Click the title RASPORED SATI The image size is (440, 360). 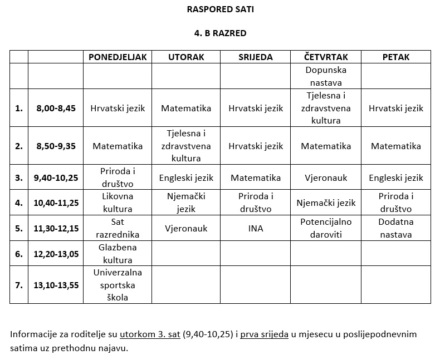click(x=220, y=9)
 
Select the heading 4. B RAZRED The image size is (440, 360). click(x=220, y=33)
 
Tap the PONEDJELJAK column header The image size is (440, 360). click(x=118, y=57)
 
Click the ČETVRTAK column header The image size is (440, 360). click(x=326, y=57)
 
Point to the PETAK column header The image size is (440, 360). click(x=396, y=57)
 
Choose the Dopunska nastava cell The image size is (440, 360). click(x=326, y=76)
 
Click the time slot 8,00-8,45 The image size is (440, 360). click(x=56, y=109)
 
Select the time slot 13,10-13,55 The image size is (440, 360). click(x=56, y=285)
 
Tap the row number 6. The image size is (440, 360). click(x=19, y=254)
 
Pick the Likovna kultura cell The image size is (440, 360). click(x=118, y=203)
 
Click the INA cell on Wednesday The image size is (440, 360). click(x=256, y=228)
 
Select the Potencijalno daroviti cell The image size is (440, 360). click(x=326, y=228)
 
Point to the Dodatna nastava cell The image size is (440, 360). click(x=396, y=228)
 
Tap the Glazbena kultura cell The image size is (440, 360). click(x=118, y=254)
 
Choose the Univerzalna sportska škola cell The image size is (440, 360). click(x=118, y=285)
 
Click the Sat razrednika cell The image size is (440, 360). click(x=118, y=228)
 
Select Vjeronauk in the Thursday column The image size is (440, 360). click(x=326, y=178)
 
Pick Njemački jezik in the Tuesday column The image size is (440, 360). click(x=186, y=203)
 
